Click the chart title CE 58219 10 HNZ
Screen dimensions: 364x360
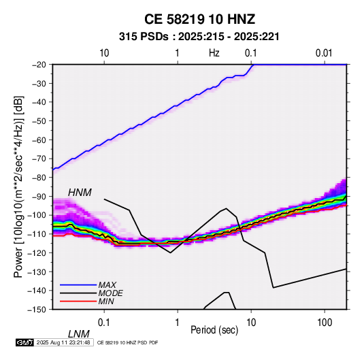pyautogui.click(x=199, y=19)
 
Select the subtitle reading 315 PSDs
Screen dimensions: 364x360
pyautogui.click(x=144, y=37)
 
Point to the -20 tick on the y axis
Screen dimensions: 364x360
pyautogui.click(x=39, y=65)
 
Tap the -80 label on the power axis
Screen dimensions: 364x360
pyautogui.click(x=39, y=178)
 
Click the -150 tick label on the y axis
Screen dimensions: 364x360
pyautogui.click(x=37, y=310)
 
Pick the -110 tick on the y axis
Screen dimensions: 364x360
pyautogui.click(x=37, y=234)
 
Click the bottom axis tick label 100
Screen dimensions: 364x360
pyautogui.click(x=325, y=323)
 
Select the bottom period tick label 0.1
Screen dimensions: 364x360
pyautogui.click(x=104, y=323)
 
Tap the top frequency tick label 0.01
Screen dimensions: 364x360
pyautogui.click(x=324, y=53)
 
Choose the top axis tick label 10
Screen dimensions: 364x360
pyautogui.click(x=104, y=53)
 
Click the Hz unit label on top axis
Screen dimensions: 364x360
pyautogui.click(x=214, y=53)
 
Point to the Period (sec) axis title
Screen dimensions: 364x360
pyautogui.click(x=214, y=330)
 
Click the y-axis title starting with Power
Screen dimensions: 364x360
pyautogui.click(x=18, y=186)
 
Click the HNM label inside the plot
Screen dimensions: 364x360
pyautogui.click(x=80, y=193)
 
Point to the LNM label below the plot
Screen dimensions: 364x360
pyautogui.click(x=79, y=334)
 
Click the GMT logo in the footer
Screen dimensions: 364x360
pyautogui.click(x=25, y=342)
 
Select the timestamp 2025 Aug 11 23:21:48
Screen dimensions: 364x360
pyautogui.click(x=63, y=342)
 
